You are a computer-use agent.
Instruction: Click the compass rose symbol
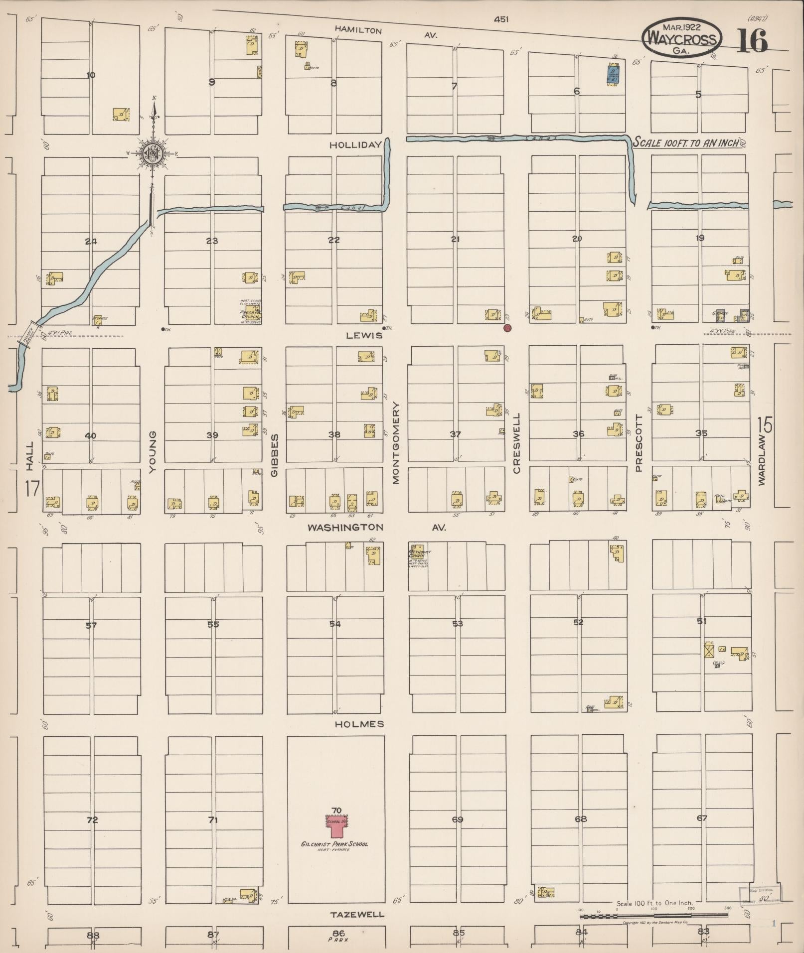(152, 153)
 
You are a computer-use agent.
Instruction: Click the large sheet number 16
(752, 42)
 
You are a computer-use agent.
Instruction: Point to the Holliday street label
(355, 145)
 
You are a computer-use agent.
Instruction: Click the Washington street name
(345, 527)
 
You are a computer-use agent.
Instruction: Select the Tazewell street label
(357, 914)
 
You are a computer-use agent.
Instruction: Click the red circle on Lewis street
(507, 328)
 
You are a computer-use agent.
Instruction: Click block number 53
(458, 623)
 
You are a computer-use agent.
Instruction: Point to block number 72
(92, 819)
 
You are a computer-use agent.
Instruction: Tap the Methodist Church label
(419, 554)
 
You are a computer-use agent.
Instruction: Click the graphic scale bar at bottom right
(654, 916)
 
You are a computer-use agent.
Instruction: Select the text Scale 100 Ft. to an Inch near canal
(686, 142)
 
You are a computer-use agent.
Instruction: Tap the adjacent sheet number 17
(32, 488)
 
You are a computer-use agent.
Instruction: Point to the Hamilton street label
(358, 30)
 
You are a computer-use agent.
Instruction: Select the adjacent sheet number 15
(765, 425)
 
